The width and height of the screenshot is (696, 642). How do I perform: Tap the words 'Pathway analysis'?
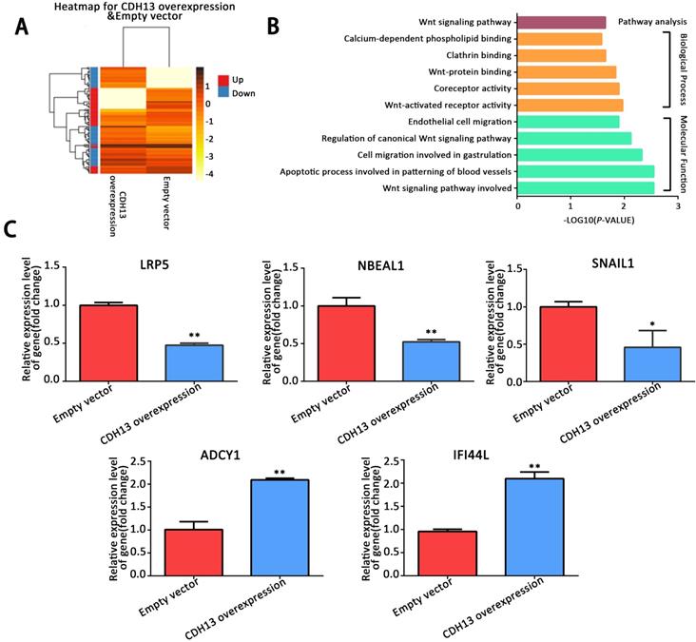point(648,20)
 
